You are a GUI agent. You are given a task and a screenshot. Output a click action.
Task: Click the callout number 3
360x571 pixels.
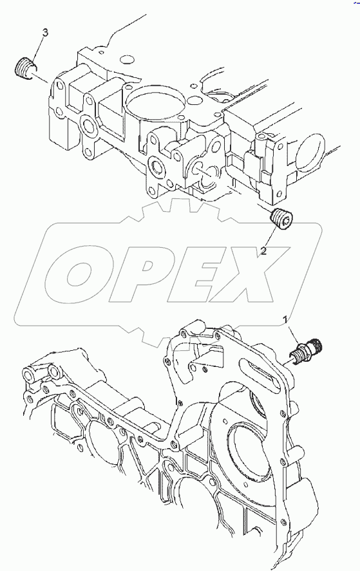tap(45, 33)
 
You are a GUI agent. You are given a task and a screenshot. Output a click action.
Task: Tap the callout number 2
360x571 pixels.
tap(263, 251)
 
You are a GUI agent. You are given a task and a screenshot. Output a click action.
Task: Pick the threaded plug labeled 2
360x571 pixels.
tap(283, 218)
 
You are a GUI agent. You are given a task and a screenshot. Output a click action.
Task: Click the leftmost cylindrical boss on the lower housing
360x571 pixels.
tap(28, 375)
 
